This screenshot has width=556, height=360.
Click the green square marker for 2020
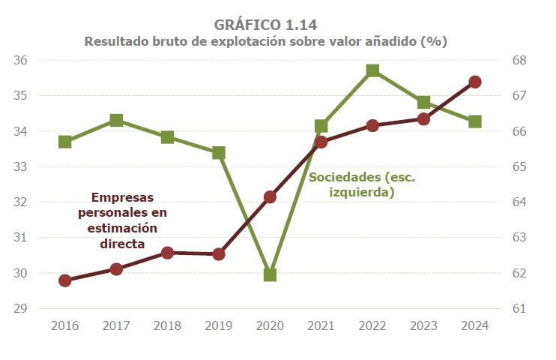270,274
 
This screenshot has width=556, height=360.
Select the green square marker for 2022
372,71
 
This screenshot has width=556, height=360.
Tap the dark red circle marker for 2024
474,82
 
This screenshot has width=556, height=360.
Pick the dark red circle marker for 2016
65,280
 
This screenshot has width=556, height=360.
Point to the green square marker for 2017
116,121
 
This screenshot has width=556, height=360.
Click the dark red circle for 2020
270,197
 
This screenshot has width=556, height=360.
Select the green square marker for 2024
474,121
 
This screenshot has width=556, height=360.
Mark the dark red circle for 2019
219,254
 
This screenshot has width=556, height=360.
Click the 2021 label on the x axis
321,325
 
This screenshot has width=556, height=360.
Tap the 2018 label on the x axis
167,325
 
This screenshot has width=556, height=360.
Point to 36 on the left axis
20,61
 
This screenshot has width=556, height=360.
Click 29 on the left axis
20,308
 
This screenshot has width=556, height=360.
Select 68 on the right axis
519,61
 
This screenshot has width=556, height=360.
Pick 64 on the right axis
519,202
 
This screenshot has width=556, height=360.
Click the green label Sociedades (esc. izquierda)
362,184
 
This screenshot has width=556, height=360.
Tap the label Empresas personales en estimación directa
122,220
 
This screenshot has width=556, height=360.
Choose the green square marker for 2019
219,153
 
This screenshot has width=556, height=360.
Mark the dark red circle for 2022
372,125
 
